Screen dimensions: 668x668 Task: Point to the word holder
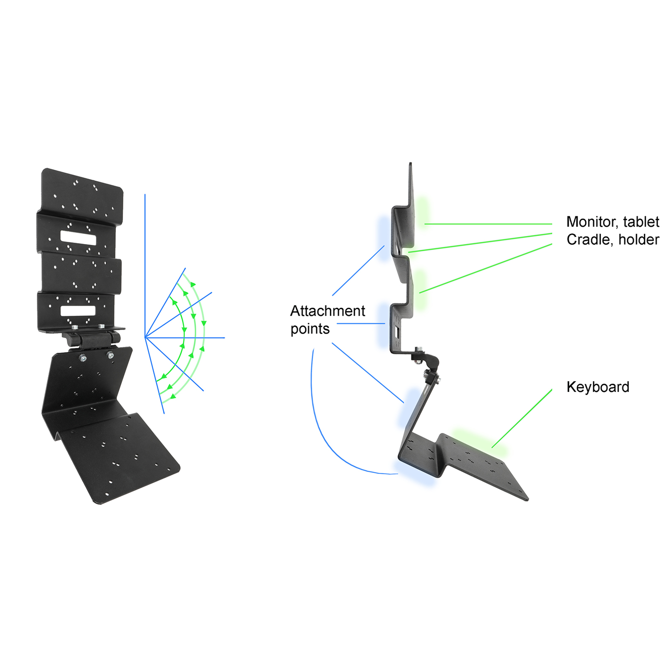[639, 240]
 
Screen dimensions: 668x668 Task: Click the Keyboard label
[598, 387]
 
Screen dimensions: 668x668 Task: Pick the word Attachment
[328, 311]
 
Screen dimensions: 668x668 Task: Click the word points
[310, 329]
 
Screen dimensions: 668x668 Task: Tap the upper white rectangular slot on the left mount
[78, 238]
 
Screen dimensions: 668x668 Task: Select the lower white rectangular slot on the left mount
[78, 311]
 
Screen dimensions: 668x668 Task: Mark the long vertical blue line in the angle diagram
[145, 265]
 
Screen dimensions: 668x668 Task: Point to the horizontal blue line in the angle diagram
[185, 338]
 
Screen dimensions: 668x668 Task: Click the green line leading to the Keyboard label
[522, 418]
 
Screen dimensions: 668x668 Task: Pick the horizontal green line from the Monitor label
[489, 224]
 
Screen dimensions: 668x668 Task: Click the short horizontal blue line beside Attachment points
[361, 323]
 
